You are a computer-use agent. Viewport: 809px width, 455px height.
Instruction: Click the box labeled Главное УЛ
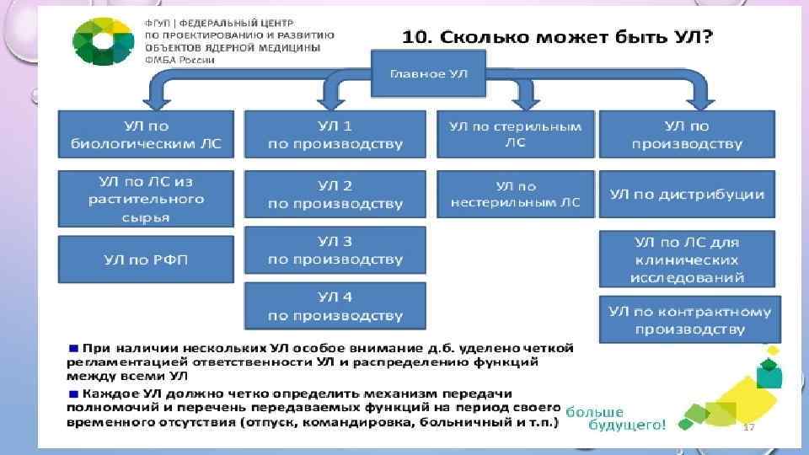coord(428,74)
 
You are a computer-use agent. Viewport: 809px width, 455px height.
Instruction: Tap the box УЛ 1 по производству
coord(335,134)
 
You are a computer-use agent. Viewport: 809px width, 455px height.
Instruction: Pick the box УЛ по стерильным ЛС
coord(515,134)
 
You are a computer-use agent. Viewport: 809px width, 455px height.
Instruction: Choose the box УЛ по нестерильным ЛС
coord(515,194)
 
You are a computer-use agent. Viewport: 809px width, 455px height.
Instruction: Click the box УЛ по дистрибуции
coord(688,194)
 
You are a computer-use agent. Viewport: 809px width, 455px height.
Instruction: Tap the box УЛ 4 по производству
coord(335,305)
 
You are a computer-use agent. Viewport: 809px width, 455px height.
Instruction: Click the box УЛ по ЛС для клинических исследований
coord(688,260)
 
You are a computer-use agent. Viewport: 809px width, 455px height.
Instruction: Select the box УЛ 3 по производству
coord(335,249)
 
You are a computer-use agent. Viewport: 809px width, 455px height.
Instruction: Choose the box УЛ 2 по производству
coord(335,194)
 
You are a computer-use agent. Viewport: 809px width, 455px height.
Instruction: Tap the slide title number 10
coord(416,37)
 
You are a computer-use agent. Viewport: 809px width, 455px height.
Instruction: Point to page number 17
coord(748,427)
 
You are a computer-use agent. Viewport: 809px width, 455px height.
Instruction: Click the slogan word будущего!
coord(615,426)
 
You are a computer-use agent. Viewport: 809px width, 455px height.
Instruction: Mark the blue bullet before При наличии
coord(74,347)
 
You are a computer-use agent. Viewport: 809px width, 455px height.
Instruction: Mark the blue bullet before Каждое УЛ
coord(74,393)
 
